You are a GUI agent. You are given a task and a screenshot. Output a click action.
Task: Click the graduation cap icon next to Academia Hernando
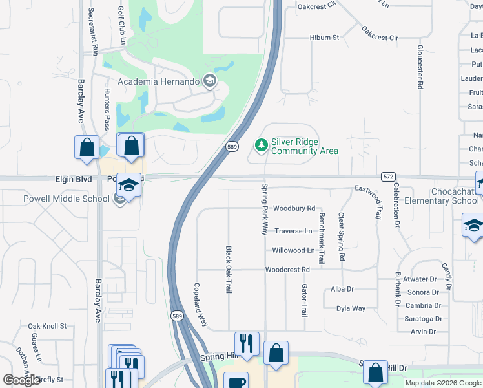point(209,81)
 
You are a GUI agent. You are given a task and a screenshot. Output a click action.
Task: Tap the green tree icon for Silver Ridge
point(262,145)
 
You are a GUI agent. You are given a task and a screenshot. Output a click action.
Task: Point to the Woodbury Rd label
point(294,208)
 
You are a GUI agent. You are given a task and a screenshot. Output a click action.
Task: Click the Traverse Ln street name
point(293,231)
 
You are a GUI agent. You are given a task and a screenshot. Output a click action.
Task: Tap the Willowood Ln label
point(293,250)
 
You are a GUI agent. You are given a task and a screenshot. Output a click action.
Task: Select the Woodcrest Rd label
point(287,269)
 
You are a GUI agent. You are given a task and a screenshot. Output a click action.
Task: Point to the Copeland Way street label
point(201,303)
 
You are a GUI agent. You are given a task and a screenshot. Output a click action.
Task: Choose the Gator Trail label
point(304,300)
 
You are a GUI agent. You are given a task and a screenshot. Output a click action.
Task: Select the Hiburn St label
point(324,38)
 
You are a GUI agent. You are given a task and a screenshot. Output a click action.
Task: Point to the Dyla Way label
point(351,308)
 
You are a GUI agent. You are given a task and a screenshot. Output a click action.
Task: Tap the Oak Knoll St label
point(47,326)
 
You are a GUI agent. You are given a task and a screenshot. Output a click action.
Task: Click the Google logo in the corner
point(21,380)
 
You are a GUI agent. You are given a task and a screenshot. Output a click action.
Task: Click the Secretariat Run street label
point(94,30)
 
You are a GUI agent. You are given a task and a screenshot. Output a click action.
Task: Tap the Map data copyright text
point(443,383)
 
